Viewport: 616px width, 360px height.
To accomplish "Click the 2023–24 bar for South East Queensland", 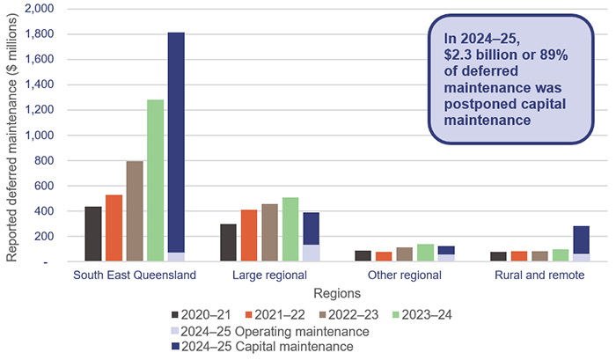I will [155, 180].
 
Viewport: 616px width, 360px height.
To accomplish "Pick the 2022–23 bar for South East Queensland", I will [135, 211].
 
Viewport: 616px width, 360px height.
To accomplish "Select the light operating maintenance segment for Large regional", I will [311, 253].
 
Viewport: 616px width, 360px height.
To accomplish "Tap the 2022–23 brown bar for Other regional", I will [405, 254].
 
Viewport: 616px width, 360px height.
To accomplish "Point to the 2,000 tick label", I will [39, 9].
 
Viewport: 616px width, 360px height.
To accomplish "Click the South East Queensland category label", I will [135, 276].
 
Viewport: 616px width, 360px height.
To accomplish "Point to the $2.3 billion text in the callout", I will [480, 54].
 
